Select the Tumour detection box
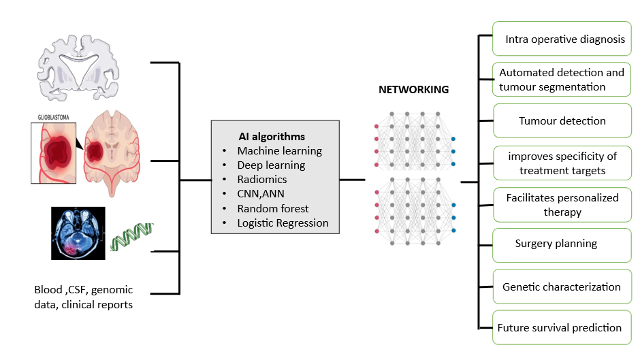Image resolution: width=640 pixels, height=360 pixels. (x=562, y=121)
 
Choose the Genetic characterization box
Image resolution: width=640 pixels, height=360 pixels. (x=562, y=287)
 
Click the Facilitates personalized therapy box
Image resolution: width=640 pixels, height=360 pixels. (x=562, y=205)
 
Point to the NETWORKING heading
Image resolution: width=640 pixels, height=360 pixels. (x=413, y=90)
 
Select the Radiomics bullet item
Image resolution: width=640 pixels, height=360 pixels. (x=262, y=180)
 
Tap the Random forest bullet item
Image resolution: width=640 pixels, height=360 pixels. (x=273, y=208)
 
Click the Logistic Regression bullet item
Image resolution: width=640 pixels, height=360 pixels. (x=283, y=223)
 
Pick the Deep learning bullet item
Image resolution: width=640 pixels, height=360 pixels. (x=271, y=165)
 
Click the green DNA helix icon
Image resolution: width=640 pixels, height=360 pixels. (x=133, y=235)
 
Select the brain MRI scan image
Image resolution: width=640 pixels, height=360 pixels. (x=78, y=233)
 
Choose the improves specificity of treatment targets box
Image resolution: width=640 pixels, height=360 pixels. (x=562, y=164)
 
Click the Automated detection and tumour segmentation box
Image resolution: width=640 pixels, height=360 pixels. (x=562, y=80)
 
